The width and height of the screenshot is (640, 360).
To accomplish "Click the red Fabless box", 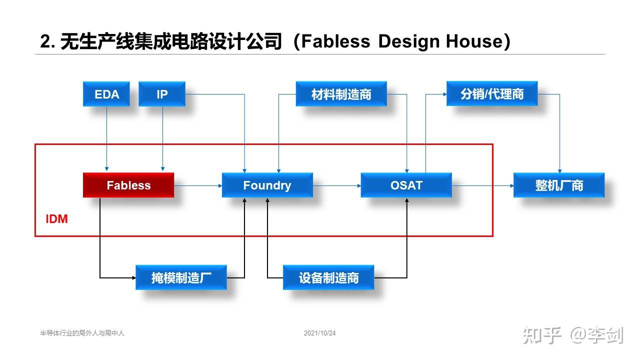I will pyautogui.click(x=128, y=185).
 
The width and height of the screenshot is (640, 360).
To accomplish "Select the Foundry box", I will pyautogui.click(x=267, y=185).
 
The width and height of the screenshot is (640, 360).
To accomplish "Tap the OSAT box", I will pyautogui.click(x=406, y=185).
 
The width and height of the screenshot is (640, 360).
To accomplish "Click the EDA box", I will pyautogui.click(x=106, y=94).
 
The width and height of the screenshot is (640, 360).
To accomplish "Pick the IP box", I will pyautogui.click(x=162, y=94).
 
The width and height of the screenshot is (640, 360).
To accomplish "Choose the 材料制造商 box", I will pyautogui.click(x=341, y=94).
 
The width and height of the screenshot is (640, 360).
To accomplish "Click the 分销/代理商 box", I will pyautogui.click(x=491, y=94).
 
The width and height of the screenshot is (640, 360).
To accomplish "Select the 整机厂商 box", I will pyautogui.click(x=559, y=185).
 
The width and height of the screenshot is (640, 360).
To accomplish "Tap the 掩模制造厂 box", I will pyautogui.click(x=181, y=278).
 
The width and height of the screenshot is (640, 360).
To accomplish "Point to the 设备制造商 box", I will pyautogui.click(x=328, y=278).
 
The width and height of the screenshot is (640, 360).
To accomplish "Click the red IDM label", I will pyautogui.click(x=56, y=219).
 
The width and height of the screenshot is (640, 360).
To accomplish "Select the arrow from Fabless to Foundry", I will pyautogui.click(x=198, y=185).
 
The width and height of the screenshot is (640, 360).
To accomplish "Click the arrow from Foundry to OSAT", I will pyautogui.click(x=337, y=185).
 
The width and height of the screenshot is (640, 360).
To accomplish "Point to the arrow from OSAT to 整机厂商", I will pyautogui.click(x=482, y=185).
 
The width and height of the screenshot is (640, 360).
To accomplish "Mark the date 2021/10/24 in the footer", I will pyautogui.click(x=319, y=333).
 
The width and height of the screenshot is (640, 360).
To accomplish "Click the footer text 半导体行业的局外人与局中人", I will pyautogui.click(x=82, y=333).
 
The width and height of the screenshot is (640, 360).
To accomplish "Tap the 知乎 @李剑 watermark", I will pyautogui.click(x=573, y=335).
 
